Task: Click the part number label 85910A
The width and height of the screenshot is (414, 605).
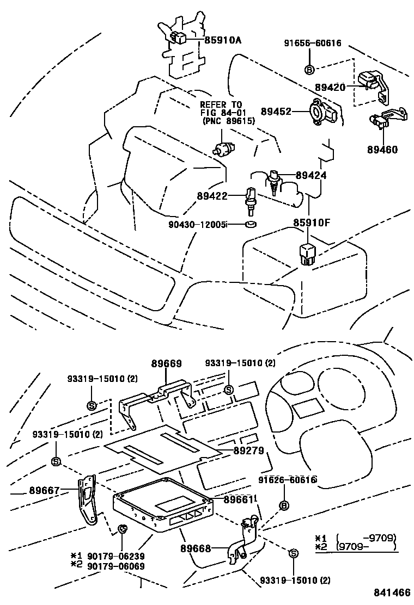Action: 223,40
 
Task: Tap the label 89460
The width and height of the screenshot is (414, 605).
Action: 382,150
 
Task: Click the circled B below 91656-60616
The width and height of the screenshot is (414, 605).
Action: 309,69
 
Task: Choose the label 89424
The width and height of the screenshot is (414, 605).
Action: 311,176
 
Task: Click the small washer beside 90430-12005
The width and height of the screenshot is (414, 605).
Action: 251,224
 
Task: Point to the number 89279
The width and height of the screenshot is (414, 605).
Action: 248,450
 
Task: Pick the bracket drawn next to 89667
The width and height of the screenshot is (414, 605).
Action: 87,499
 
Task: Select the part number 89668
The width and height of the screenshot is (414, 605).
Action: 196,549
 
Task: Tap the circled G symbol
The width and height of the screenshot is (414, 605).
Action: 122,528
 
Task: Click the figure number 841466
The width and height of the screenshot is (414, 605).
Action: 391,592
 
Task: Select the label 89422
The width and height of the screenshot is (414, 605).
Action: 213,194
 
